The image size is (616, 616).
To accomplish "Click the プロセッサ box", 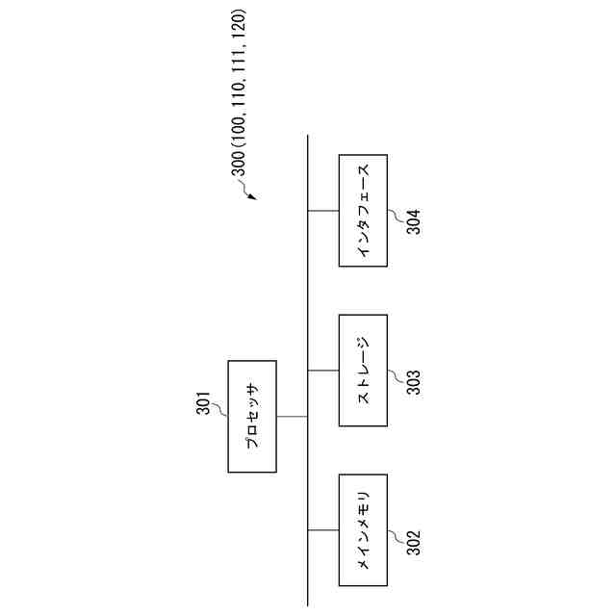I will (x=251, y=416).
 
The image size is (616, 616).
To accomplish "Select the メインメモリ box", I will (x=363, y=529).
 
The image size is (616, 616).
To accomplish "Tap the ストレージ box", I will (x=363, y=370).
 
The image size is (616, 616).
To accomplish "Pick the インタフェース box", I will (x=363, y=210).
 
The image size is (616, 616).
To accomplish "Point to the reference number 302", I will (x=412, y=545).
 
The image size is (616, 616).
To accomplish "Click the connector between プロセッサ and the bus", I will (x=292, y=416).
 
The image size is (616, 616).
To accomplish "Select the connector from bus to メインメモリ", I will (x=323, y=529).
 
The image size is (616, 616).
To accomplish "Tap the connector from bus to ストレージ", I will (x=323, y=370).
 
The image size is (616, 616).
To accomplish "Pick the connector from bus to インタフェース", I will (x=323, y=210).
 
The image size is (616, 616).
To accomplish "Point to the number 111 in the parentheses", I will (x=239, y=58).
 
